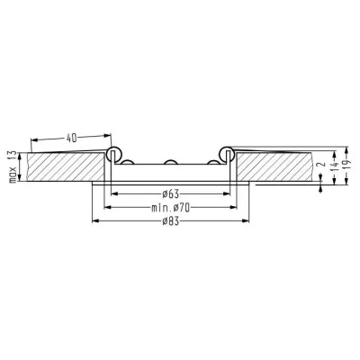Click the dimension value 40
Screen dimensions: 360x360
tap(71, 138)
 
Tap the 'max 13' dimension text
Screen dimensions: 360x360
tap(13, 166)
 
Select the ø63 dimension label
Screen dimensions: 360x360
tap(170, 194)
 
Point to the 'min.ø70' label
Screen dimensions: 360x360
tap(170, 208)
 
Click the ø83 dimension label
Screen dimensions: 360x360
tap(170, 221)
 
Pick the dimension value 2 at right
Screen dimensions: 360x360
tap(321, 165)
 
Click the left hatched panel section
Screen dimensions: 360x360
tap(65, 166)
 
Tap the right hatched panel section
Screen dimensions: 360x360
tap(274, 166)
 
